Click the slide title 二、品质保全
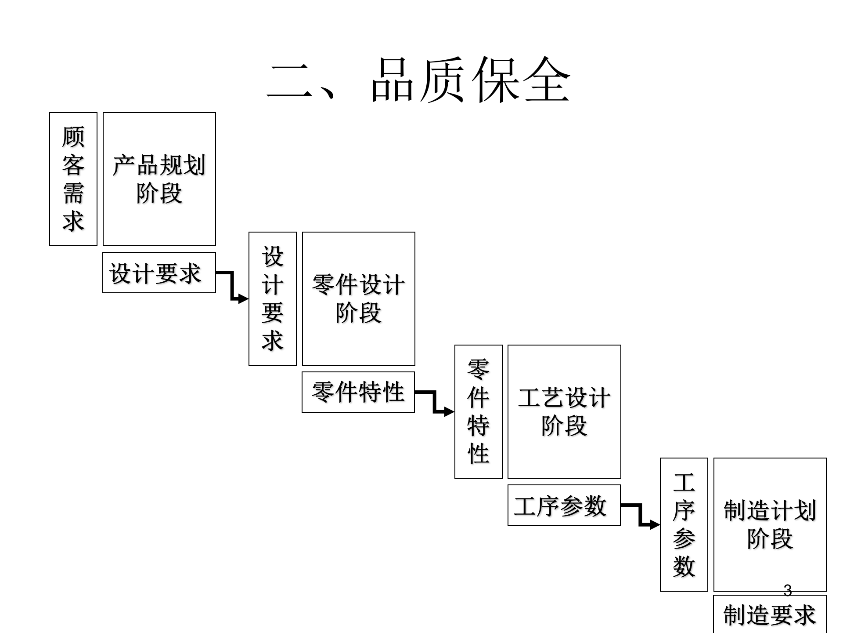tap(419, 80)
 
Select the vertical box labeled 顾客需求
tap(73, 179)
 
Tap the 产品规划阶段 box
tap(159, 179)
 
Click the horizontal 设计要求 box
tap(159, 273)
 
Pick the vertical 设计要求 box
tap(273, 298)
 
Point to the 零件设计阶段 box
tap(359, 298)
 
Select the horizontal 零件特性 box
tap(358, 392)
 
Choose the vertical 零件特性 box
tap(479, 411)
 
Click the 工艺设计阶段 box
tap(564, 411)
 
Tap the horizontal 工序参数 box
tap(564, 505)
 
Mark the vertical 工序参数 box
tap(684, 524)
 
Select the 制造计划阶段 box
tap(770, 524)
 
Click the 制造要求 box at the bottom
tap(770, 615)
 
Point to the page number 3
tap(788, 590)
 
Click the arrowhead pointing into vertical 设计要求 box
tap(243, 299)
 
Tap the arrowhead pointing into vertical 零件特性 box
tap(449, 412)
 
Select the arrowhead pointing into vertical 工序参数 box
tap(655, 524)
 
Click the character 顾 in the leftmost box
tap(73, 137)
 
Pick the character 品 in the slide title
tap(393, 80)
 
